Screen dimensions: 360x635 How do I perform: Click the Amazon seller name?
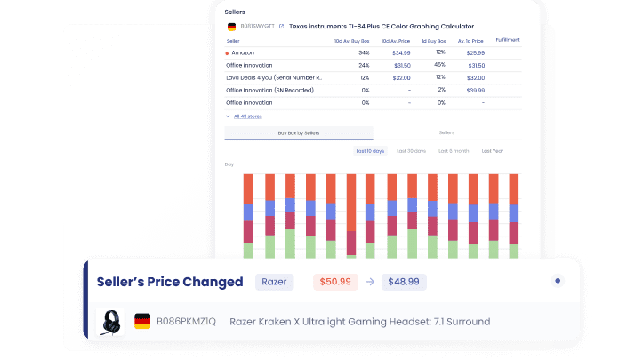(242, 53)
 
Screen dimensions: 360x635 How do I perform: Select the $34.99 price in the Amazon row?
(401, 53)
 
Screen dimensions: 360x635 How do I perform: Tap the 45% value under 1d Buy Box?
(439, 65)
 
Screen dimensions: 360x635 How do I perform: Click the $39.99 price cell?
(476, 90)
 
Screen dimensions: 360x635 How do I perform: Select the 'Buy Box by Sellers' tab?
(299, 132)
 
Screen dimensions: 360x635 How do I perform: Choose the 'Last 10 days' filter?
(370, 151)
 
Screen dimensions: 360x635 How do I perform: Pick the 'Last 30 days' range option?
(412, 151)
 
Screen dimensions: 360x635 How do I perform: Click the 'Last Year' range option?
(493, 151)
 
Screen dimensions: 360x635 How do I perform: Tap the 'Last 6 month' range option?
(453, 151)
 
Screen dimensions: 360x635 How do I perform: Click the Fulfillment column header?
(508, 40)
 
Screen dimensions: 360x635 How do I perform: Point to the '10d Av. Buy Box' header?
(352, 40)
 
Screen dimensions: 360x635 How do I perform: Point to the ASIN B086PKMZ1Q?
(186, 321)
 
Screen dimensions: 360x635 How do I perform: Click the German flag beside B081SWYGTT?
(232, 27)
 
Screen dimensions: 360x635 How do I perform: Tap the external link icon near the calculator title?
(281, 27)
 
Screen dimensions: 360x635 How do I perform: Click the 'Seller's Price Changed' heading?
(169, 282)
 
